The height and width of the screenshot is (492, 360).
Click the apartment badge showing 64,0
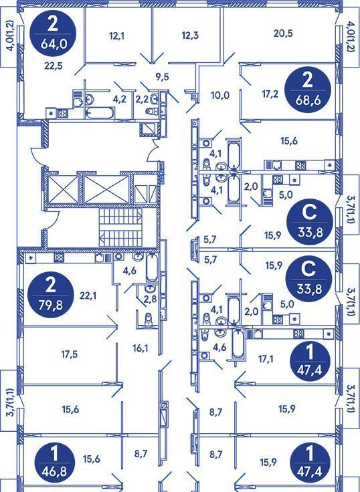53,33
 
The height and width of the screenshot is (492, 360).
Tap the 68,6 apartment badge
308,90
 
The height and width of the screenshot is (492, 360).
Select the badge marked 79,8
51,295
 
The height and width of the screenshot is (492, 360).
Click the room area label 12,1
117,36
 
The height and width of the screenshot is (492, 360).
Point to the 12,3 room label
190,35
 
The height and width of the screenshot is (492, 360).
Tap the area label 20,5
283,33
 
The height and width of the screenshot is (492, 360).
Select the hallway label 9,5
163,77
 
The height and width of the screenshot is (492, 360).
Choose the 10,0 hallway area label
221,96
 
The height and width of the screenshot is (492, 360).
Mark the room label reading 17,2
270,94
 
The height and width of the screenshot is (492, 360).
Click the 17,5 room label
70,354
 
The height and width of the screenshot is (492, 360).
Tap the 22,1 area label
88,295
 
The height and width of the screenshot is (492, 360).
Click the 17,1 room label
266,359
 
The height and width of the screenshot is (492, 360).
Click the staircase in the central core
120,227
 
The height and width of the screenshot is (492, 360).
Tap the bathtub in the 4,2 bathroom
100,113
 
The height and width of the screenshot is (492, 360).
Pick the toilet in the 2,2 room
152,111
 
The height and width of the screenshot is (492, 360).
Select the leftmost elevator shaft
64,190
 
